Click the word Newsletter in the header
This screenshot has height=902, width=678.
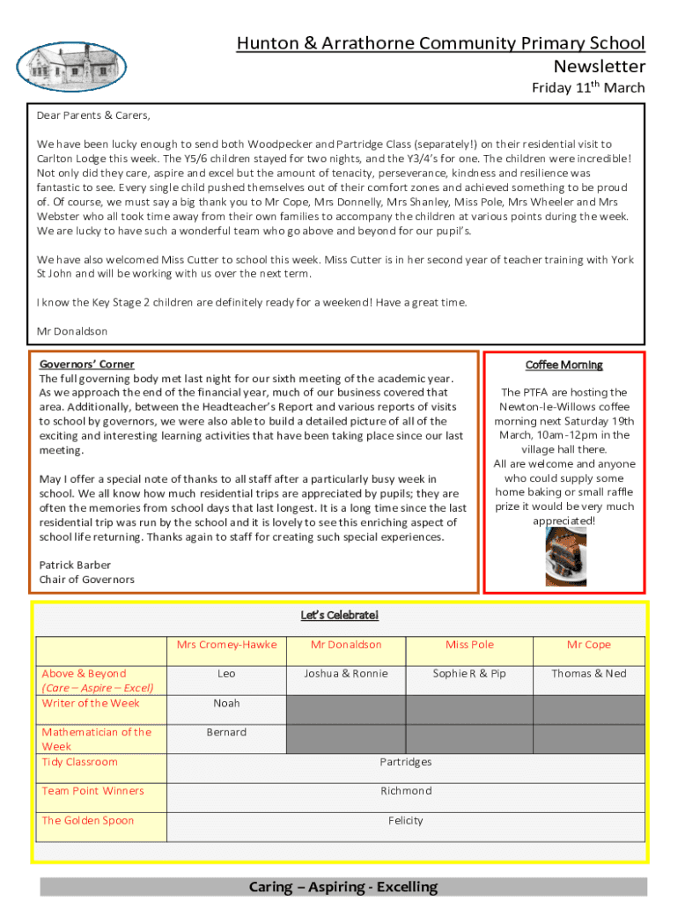[599, 66]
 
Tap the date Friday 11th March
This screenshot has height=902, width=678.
[587, 87]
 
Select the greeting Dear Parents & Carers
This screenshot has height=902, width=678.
[93, 115]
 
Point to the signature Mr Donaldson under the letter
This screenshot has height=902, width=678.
[72, 331]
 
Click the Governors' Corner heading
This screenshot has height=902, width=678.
[87, 364]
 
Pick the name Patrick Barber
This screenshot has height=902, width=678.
[76, 565]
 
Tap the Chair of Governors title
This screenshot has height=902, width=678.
[87, 579]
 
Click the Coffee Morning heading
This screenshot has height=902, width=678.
[564, 365]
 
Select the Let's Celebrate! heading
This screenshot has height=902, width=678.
[339, 615]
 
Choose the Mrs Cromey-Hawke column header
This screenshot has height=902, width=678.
[226, 645]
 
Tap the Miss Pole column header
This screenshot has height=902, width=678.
[469, 645]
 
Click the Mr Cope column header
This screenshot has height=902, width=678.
[588, 645]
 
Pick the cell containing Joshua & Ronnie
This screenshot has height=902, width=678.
[346, 674]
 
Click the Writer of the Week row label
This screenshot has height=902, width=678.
[91, 703]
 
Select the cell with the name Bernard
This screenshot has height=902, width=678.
[226, 732]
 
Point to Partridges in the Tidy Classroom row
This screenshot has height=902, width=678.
[406, 762]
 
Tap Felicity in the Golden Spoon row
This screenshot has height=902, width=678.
[406, 820]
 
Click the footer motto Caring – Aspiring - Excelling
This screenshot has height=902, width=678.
[343, 887]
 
